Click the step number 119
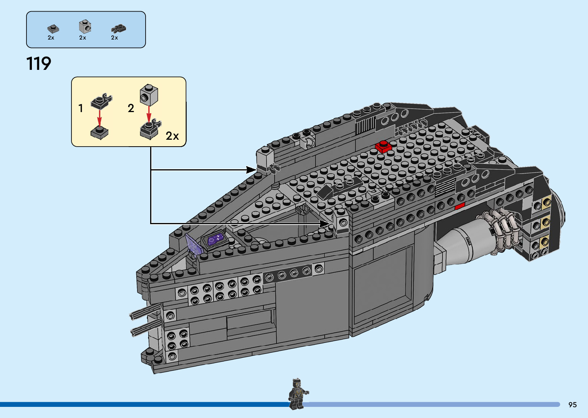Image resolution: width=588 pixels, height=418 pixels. (39, 64)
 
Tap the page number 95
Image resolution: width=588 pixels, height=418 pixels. (572, 405)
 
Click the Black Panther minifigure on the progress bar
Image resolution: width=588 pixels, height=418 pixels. (297, 393)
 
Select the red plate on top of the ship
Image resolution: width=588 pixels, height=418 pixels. (383, 146)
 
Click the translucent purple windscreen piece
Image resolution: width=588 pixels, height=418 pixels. (194, 245)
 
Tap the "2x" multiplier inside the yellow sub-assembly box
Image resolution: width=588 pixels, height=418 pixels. (172, 136)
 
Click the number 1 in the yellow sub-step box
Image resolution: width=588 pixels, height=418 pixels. (81, 109)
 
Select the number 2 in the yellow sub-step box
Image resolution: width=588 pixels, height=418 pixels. (131, 109)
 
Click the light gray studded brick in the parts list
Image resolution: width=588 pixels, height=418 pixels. (85, 26)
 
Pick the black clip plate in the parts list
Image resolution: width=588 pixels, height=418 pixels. (118, 28)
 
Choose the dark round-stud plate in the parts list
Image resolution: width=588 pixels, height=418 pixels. (53, 28)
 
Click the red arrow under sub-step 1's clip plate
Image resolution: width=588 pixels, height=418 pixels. (99, 117)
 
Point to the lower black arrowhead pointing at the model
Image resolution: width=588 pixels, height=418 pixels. (326, 223)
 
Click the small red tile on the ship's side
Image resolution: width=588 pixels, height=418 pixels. (460, 207)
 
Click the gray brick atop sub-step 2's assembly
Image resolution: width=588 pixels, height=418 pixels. (149, 95)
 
